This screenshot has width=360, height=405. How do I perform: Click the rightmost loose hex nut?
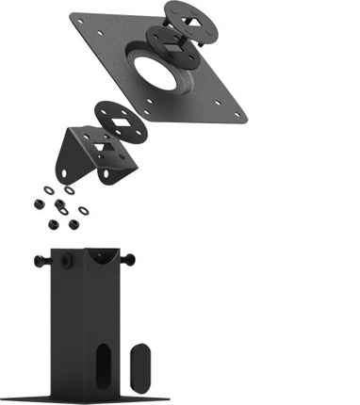tap(74, 223)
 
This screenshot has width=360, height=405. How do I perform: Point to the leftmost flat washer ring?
tap(49, 189)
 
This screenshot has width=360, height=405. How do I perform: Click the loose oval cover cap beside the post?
tap(139, 366)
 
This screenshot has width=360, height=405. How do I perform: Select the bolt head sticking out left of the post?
tap(41, 260)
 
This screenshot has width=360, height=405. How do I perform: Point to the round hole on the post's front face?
tap(65, 260)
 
